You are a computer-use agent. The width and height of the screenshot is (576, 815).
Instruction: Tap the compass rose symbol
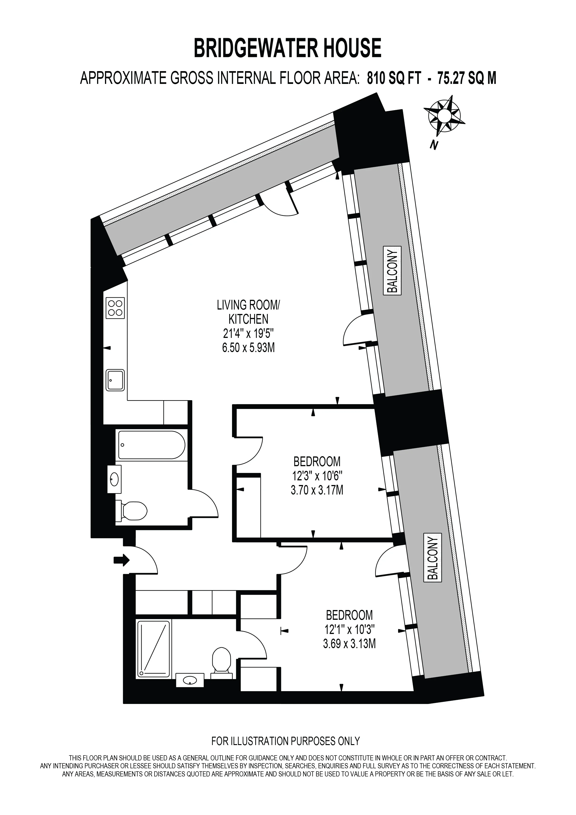coord(444,115)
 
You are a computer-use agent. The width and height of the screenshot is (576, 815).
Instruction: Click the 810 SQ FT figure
coord(393,78)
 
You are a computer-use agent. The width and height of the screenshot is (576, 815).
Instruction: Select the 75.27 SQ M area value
coord(467,78)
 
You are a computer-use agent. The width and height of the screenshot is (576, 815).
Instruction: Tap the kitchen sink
coord(115,380)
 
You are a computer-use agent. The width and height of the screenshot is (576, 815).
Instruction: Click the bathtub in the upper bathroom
coord(151,445)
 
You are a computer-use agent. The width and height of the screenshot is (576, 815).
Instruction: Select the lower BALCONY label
coord(433,558)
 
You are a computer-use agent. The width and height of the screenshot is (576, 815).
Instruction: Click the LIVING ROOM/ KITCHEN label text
coord(248,312)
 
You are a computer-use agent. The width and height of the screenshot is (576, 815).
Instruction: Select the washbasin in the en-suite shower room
coord(190,680)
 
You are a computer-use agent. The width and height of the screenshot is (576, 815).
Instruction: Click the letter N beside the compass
coord(433,145)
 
